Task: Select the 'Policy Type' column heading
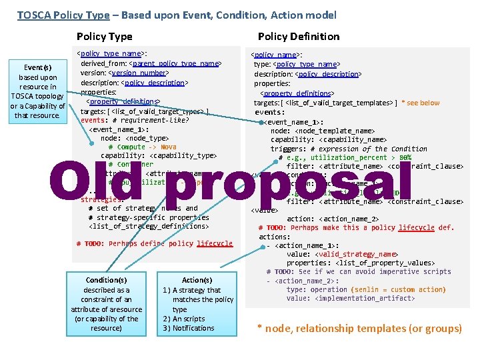(x=104, y=37)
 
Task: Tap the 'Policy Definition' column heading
(x=299, y=37)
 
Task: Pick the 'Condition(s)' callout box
(x=107, y=304)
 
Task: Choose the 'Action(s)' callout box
(x=197, y=304)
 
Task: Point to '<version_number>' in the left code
(x=139, y=73)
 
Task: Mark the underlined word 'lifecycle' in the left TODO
(x=215, y=244)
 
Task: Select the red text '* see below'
(x=421, y=103)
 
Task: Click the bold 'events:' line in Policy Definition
(x=270, y=112)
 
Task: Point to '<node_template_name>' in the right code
(x=337, y=131)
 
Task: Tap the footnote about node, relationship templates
(x=359, y=328)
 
